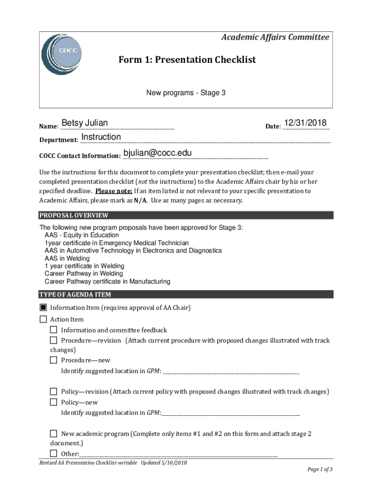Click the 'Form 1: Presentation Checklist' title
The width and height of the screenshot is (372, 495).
(187, 60)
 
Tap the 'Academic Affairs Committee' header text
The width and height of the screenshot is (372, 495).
(275, 37)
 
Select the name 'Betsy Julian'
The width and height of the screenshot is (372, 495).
(85, 123)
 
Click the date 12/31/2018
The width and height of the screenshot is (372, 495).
(305, 123)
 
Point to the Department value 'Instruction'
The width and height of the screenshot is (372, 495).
(101, 137)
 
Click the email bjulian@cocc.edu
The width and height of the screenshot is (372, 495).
(157, 153)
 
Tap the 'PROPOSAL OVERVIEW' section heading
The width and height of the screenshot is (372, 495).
(74, 216)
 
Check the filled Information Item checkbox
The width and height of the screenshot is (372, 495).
(43, 307)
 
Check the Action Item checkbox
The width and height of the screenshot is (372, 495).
(43, 319)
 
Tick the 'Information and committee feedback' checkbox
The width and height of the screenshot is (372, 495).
(54, 330)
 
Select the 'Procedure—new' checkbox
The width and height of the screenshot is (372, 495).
(54, 360)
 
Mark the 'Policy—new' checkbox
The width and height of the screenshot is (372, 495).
(54, 402)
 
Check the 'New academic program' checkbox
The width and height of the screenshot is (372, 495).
(54, 434)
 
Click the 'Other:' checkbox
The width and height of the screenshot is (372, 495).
(54, 453)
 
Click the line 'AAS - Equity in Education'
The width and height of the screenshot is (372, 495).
(82, 235)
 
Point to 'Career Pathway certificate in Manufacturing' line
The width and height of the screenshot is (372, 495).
(107, 281)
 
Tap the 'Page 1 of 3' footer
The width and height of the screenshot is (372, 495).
(320, 469)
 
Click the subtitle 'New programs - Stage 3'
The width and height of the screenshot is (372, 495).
(186, 92)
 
